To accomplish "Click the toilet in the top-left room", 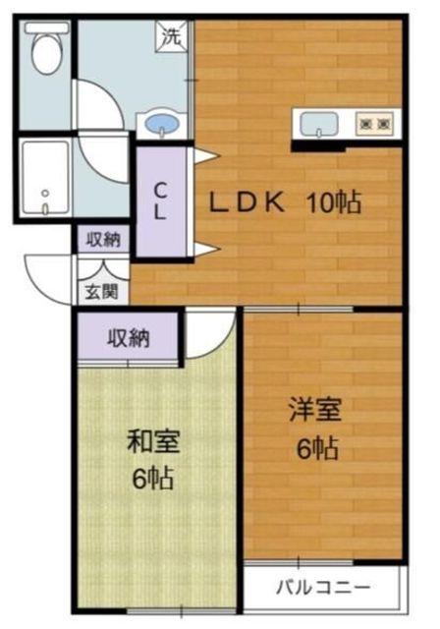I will coord(45,50).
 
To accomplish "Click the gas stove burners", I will coord(374,124).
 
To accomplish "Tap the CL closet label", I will coord(158,201).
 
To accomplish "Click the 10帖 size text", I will coord(333,203).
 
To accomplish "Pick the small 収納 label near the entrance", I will coord(102,239).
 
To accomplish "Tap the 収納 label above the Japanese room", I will coord(128,339).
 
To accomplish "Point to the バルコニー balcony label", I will coord(322,589).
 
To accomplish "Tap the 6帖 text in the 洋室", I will coord(316,449).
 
